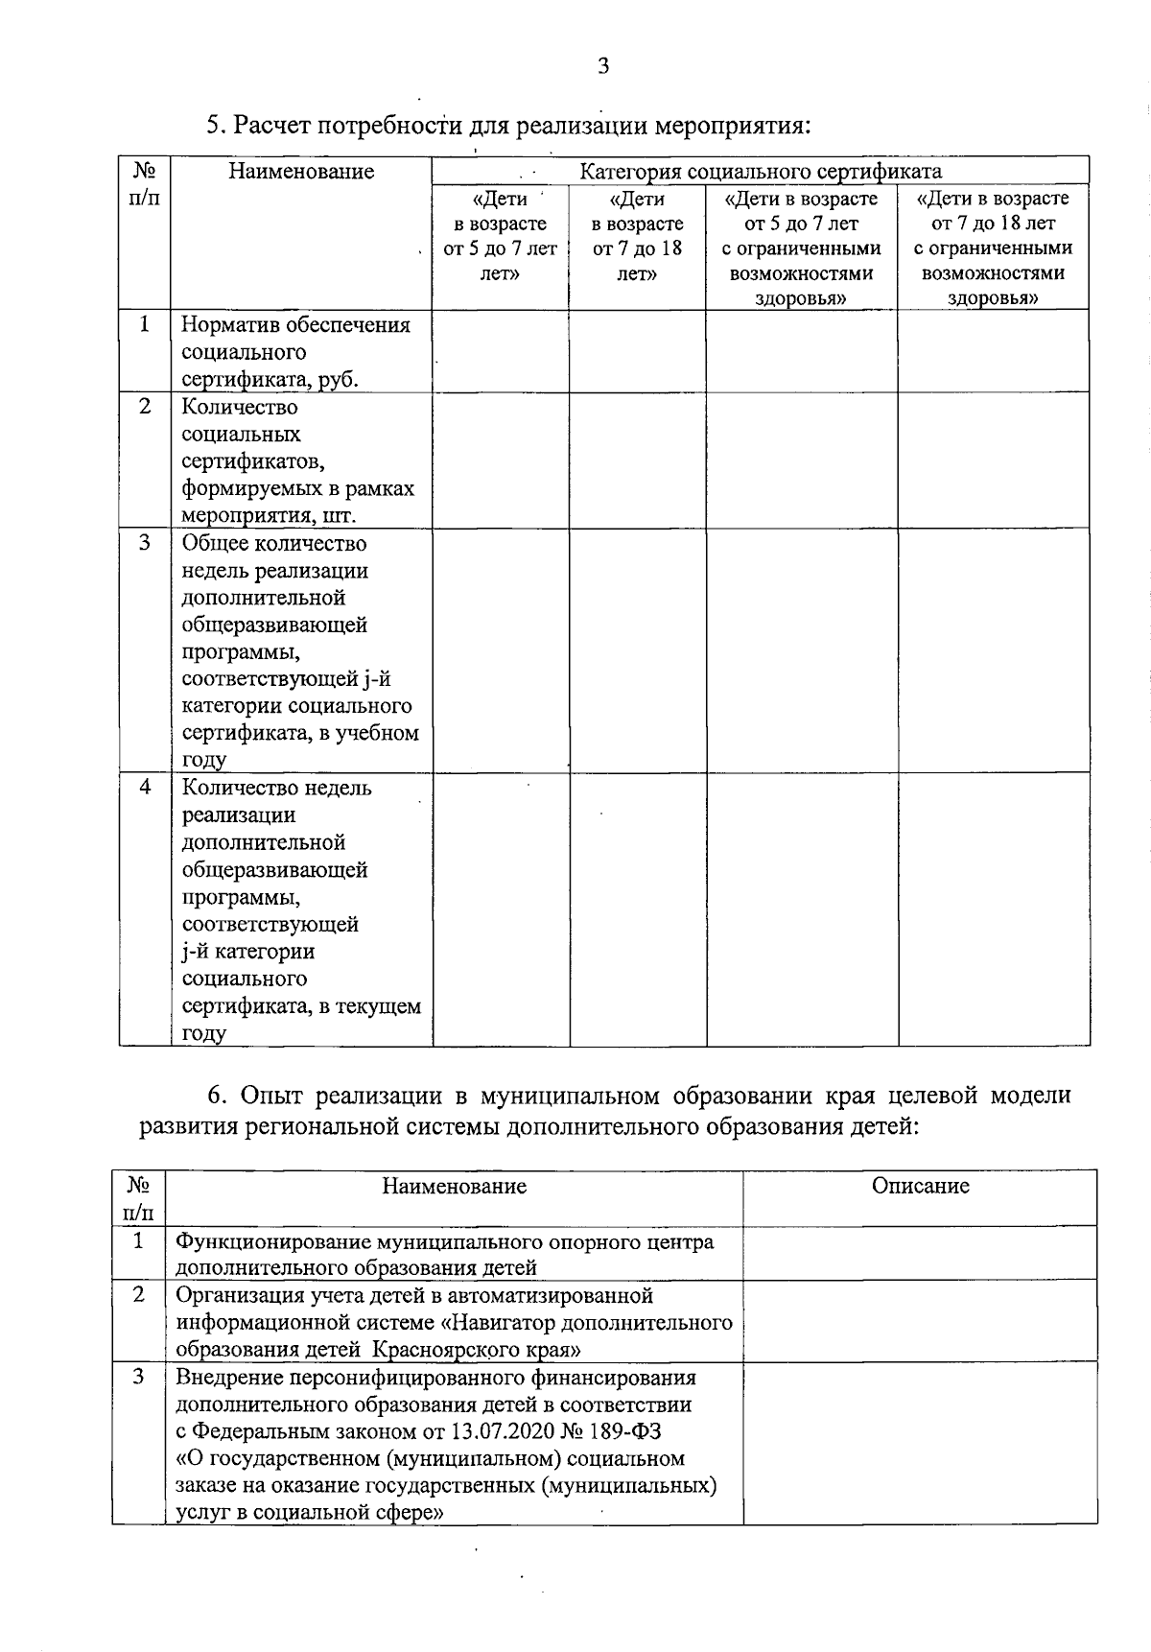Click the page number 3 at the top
[602, 66]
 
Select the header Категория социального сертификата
[761, 172]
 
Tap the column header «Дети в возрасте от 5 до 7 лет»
[500, 236]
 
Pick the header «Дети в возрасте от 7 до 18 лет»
[637, 236]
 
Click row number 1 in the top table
[145, 324]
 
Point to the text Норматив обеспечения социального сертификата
[295, 351]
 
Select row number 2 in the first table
[145, 406]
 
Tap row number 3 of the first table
[145, 543]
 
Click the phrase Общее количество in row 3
[274, 543]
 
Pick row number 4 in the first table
[145, 788]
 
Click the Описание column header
[920, 1186]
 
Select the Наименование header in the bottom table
[455, 1186]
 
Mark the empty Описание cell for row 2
[920, 1320]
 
